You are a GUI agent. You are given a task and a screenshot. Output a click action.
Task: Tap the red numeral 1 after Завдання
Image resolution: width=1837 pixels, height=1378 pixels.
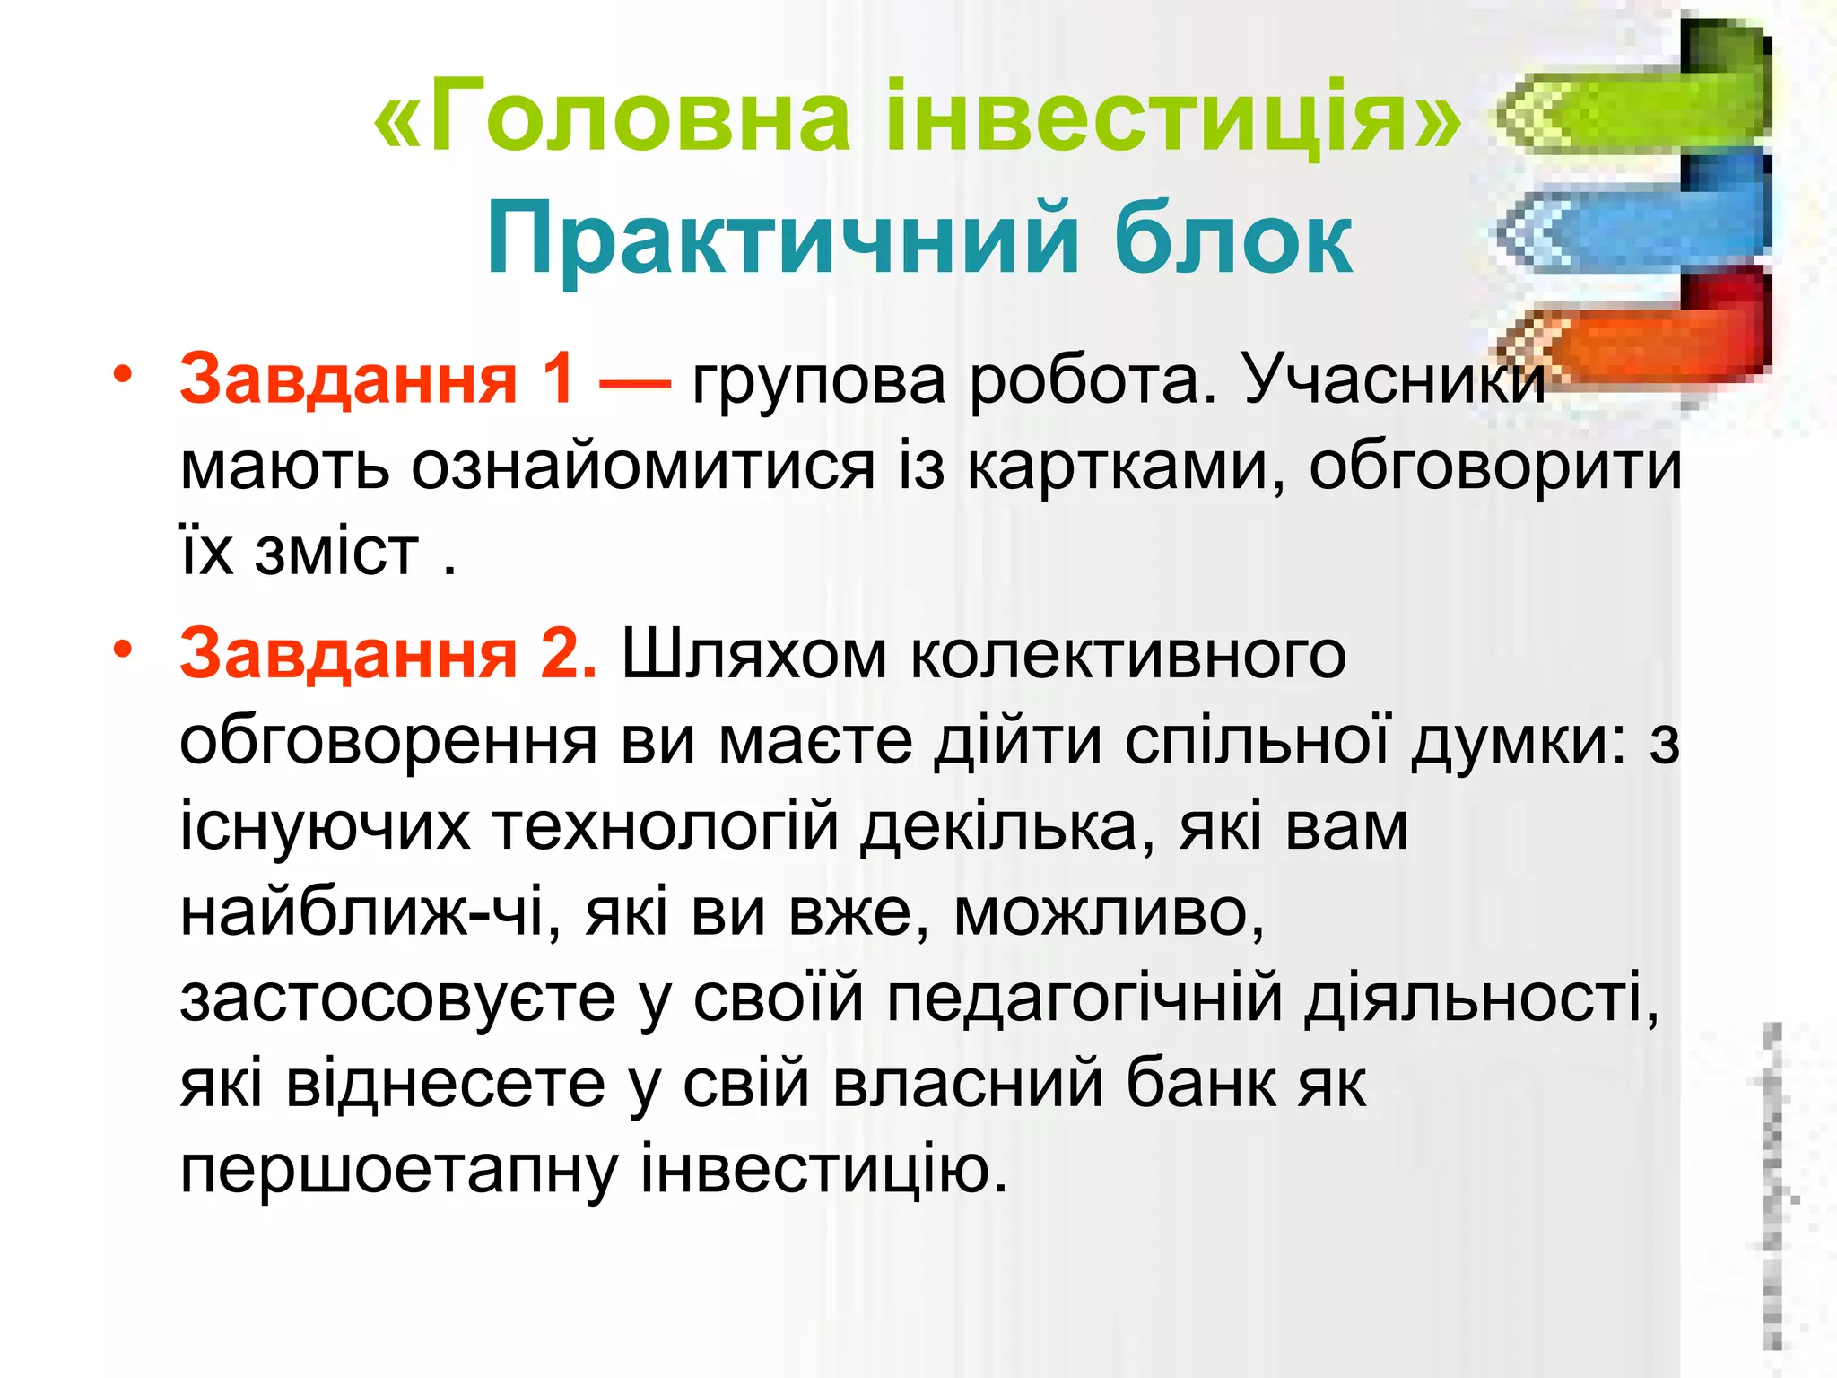click(x=558, y=379)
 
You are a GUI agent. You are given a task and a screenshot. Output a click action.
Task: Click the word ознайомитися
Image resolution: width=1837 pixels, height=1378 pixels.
click(x=642, y=467)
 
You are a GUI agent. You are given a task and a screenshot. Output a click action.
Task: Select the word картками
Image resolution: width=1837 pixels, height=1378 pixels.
click(x=1126, y=467)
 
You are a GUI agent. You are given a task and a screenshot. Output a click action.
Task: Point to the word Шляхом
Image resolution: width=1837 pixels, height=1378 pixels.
click(x=753, y=653)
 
